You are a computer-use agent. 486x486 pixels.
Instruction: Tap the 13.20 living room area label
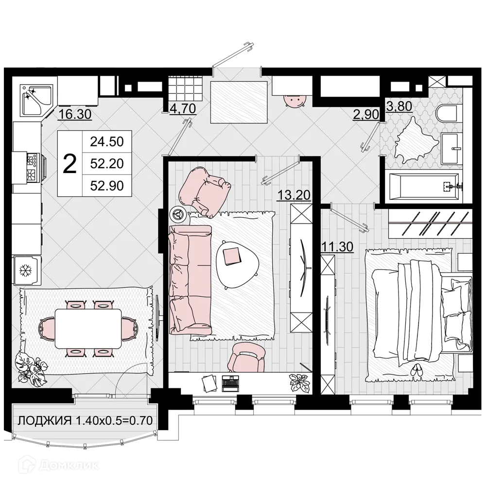(x=294, y=195)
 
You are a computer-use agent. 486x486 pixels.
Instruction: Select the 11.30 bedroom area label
(x=337, y=247)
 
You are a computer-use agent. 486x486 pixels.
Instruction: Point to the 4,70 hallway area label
(x=182, y=108)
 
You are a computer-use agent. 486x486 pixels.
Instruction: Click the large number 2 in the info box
(x=70, y=164)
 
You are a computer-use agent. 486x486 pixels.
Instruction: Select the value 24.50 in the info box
(x=107, y=142)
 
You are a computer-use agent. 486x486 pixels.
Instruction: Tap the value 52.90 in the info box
(x=107, y=185)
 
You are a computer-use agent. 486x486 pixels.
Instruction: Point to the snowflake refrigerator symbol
(x=26, y=270)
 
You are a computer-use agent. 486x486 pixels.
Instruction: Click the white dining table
(x=88, y=329)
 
